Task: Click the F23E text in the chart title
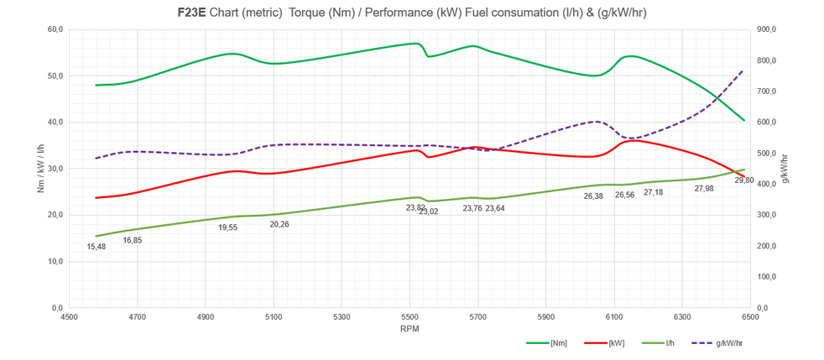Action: [192, 13]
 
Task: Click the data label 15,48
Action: [97, 247]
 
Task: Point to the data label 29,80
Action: [743, 180]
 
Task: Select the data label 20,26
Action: [279, 224]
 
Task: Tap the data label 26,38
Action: [593, 196]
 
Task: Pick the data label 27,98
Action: [704, 188]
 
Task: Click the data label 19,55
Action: [228, 227]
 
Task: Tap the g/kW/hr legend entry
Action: [722, 343]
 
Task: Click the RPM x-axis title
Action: [409, 330]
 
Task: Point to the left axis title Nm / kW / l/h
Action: [40, 169]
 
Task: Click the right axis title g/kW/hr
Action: [785, 169]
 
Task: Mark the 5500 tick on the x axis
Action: [409, 317]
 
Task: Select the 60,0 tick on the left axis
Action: [55, 29]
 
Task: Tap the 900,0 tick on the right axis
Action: [768, 29]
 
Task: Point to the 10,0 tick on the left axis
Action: [55, 261]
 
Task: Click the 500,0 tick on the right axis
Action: [768, 153]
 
